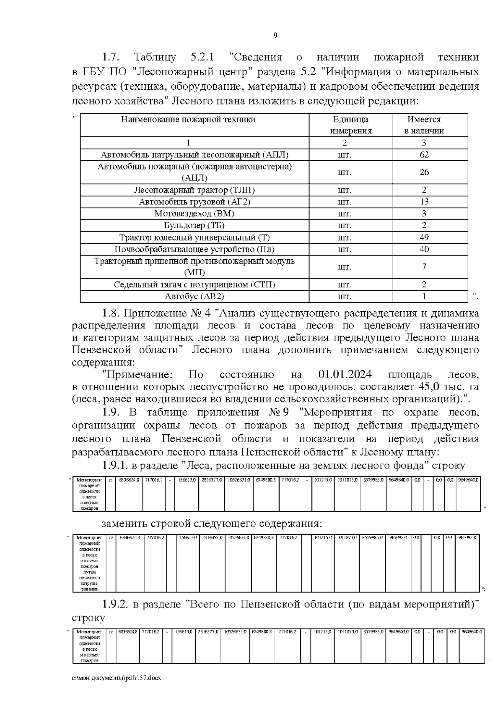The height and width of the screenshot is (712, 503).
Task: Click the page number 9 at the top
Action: pyautogui.click(x=275, y=36)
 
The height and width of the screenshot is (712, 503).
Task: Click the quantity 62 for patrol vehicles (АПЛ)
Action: pyautogui.click(x=424, y=154)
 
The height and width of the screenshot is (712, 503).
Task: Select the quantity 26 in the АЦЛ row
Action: pyautogui.click(x=424, y=172)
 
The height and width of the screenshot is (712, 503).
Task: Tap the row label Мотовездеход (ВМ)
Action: pyautogui.click(x=194, y=214)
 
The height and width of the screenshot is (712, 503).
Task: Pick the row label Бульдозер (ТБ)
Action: pyautogui.click(x=194, y=225)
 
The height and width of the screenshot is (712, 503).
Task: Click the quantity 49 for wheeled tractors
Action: pyautogui.click(x=424, y=237)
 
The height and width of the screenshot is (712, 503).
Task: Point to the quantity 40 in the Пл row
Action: pyautogui.click(x=424, y=249)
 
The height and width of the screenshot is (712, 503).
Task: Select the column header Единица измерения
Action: pyautogui.click(x=350, y=125)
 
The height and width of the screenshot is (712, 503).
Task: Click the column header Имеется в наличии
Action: pyautogui.click(x=424, y=125)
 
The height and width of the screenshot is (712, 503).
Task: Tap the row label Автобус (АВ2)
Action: pyautogui.click(x=194, y=297)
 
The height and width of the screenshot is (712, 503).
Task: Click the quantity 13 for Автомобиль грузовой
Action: pyautogui.click(x=424, y=202)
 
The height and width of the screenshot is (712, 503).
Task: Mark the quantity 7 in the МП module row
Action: pyautogui.click(x=424, y=267)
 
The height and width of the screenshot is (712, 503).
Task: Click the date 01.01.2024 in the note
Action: pyautogui.click(x=345, y=374)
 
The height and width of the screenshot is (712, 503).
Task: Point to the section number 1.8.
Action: pyautogui.click(x=111, y=313)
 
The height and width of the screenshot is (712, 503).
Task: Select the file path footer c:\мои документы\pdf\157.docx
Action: pyautogui.click(x=116, y=689)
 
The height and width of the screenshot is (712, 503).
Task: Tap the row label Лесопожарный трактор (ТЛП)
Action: pyautogui.click(x=194, y=190)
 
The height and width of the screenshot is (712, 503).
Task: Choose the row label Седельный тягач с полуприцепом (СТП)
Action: pyautogui.click(x=194, y=285)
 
